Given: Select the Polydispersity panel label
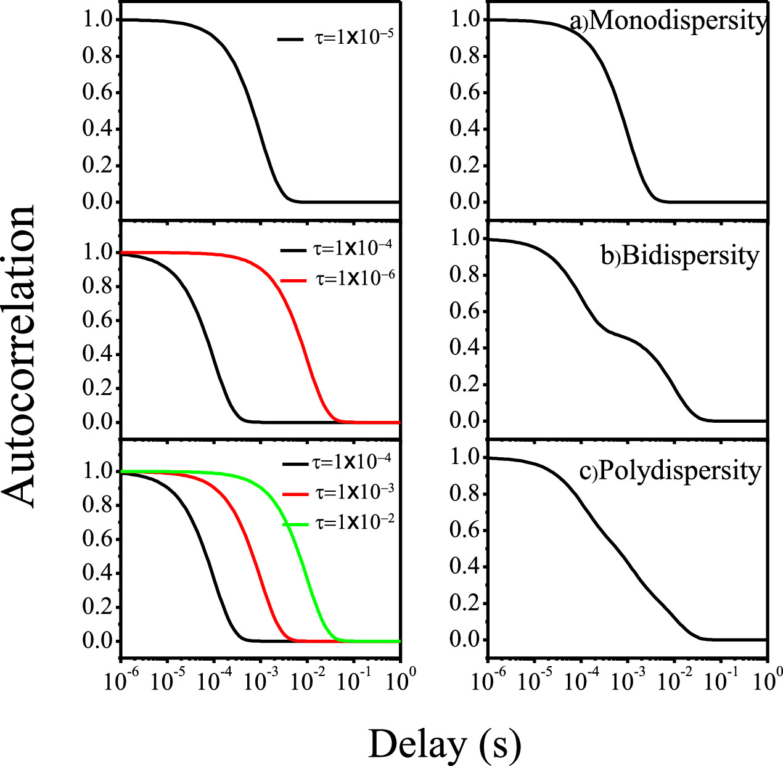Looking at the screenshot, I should [679, 471].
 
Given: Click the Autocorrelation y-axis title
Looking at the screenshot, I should [18, 357].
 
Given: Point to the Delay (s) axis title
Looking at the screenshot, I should [445, 744].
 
